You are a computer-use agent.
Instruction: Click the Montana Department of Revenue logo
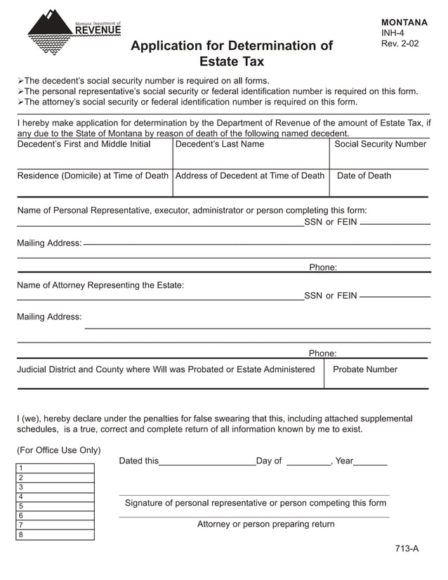point(74,35)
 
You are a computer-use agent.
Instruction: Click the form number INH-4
point(392,33)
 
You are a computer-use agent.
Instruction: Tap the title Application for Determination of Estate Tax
point(232,53)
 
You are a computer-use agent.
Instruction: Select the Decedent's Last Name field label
point(220,144)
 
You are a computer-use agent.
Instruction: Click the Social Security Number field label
point(380,144)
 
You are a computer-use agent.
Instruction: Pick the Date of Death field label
point(364,176)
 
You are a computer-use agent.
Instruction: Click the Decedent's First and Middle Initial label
point(84,144)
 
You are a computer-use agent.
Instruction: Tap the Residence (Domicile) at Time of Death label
point(93,176)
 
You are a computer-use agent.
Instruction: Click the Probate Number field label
point(364,369)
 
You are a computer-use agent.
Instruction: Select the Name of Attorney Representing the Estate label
point(100,285)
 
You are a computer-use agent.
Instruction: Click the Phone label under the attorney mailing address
point(322,353)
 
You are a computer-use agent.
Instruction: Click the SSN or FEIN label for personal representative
point(330,222)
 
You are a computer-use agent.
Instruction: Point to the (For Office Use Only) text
point(59,450)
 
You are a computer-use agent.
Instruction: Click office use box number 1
point(55,468)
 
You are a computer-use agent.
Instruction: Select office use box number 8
point(55,535)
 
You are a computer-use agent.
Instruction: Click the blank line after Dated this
point(207,462)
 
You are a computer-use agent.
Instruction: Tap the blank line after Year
point(371,462)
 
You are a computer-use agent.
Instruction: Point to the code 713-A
point(407,549)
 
